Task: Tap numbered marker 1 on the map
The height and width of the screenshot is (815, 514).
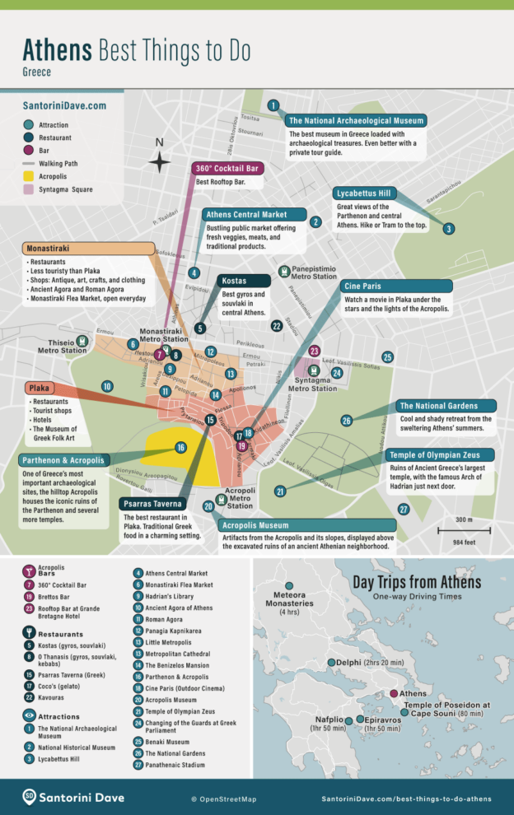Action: [273, 105]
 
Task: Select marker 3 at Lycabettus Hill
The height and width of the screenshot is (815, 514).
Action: [448, 229]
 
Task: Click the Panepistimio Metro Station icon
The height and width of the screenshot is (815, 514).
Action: [284, 270]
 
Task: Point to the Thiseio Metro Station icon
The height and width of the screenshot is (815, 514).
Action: [82, 341]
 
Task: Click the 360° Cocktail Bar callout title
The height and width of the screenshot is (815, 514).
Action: [228, 168]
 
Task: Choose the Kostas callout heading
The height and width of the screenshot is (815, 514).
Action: [235, 281]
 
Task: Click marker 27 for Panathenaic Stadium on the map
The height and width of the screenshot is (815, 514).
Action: [403, 510]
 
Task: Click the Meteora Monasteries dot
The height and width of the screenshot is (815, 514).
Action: [289, 594]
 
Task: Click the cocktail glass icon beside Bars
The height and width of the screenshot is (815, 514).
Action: [29, 570]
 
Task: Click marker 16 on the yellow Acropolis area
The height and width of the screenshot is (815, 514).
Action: [180, 448]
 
